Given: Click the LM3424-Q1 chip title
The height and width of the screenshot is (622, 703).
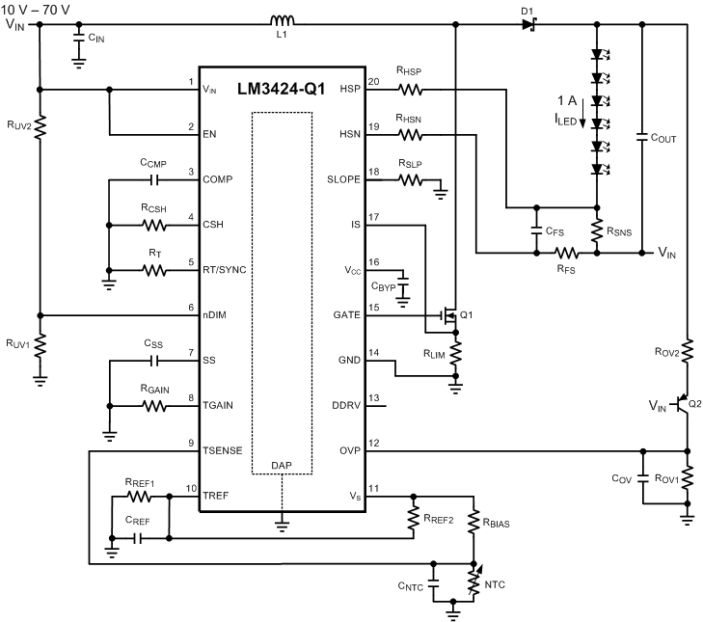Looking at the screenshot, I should (283, 90).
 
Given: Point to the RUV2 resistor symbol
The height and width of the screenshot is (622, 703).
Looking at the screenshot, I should (41, 125).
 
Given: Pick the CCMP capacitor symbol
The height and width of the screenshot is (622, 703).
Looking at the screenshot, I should (153, 180).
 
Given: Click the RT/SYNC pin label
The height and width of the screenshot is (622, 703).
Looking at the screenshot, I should (225, 270).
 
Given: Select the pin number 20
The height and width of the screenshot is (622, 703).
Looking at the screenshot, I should (374, 81).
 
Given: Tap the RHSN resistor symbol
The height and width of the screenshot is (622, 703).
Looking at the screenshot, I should (412, 135).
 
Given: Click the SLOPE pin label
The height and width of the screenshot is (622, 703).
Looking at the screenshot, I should (343, 180).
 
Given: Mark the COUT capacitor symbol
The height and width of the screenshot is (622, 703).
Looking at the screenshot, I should (643, 138).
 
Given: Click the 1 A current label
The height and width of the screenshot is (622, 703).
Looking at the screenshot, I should (568, 99).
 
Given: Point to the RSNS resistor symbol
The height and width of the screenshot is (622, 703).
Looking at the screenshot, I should (598, 231).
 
